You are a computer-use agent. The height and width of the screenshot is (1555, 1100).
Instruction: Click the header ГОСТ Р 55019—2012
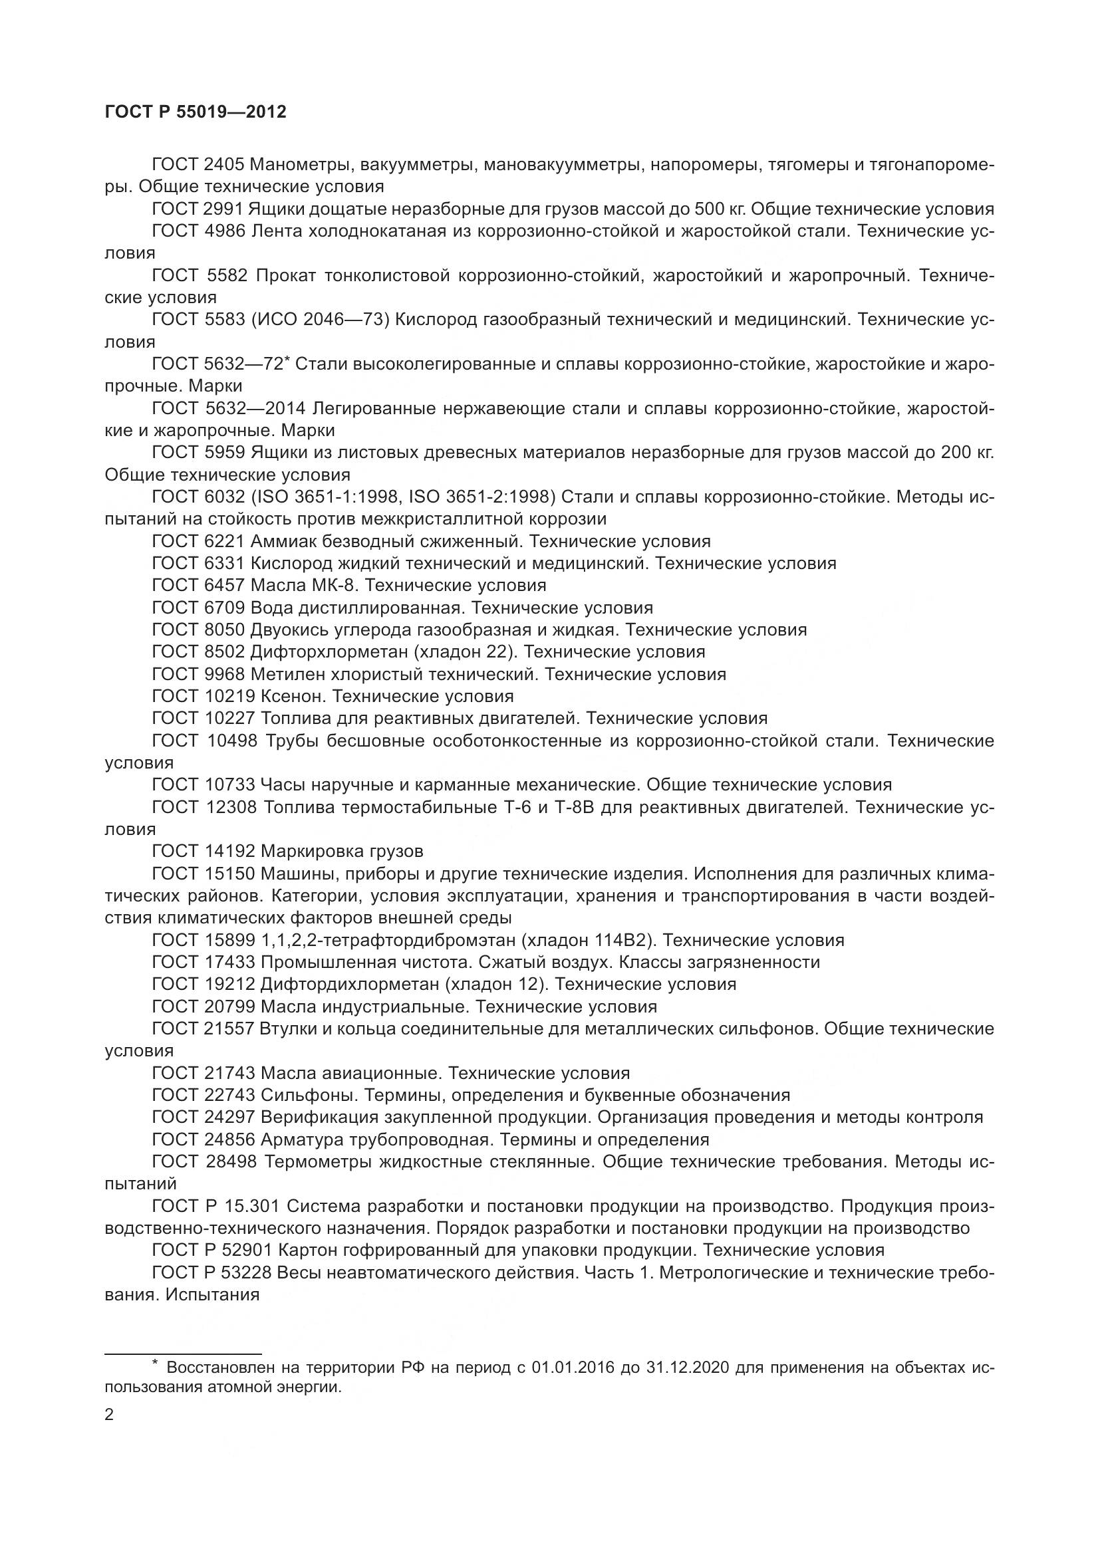196,112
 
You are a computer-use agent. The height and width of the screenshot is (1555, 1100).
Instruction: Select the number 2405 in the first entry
224,166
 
